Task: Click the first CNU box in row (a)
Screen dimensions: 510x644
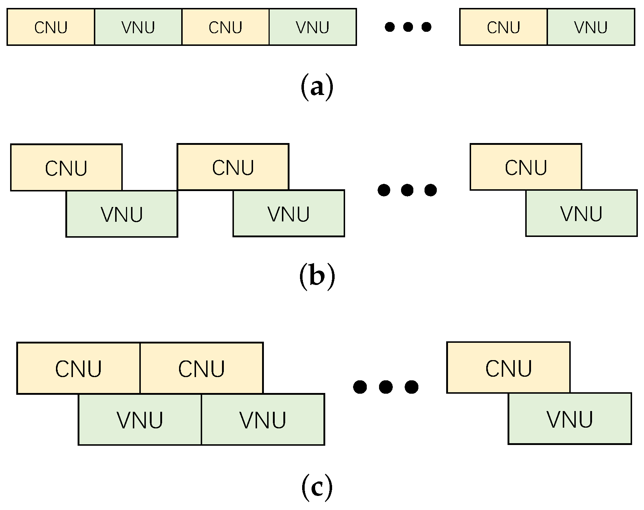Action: (51, 27)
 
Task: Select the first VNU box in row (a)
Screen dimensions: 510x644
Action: (138, 27)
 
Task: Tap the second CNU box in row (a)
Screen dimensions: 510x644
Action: (225, 27)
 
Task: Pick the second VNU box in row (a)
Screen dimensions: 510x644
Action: (313, 27)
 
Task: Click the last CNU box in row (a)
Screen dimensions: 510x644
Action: (503, 27)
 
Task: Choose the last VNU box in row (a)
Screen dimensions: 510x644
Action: (591, 27)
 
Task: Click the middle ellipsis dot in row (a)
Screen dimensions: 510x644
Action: (408, 27)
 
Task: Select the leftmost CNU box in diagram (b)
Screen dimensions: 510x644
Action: (66, 168)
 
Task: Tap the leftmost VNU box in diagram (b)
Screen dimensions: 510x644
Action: (122, 214)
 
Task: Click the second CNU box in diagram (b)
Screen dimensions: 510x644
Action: (233, 167)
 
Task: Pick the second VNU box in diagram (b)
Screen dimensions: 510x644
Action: (289, 213)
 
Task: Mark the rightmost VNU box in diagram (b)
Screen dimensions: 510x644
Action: (581, 213)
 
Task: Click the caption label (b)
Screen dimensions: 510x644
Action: (317, 276)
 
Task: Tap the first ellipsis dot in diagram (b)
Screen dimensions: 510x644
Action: (384, 190)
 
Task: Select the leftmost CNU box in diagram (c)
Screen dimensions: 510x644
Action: (78, 368)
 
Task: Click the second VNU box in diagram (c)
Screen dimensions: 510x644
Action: (263, 419)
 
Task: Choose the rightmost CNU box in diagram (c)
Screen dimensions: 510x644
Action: (508, 367)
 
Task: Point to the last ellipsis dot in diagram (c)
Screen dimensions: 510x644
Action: (412, 387)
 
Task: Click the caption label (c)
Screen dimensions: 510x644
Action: (317, 488)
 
